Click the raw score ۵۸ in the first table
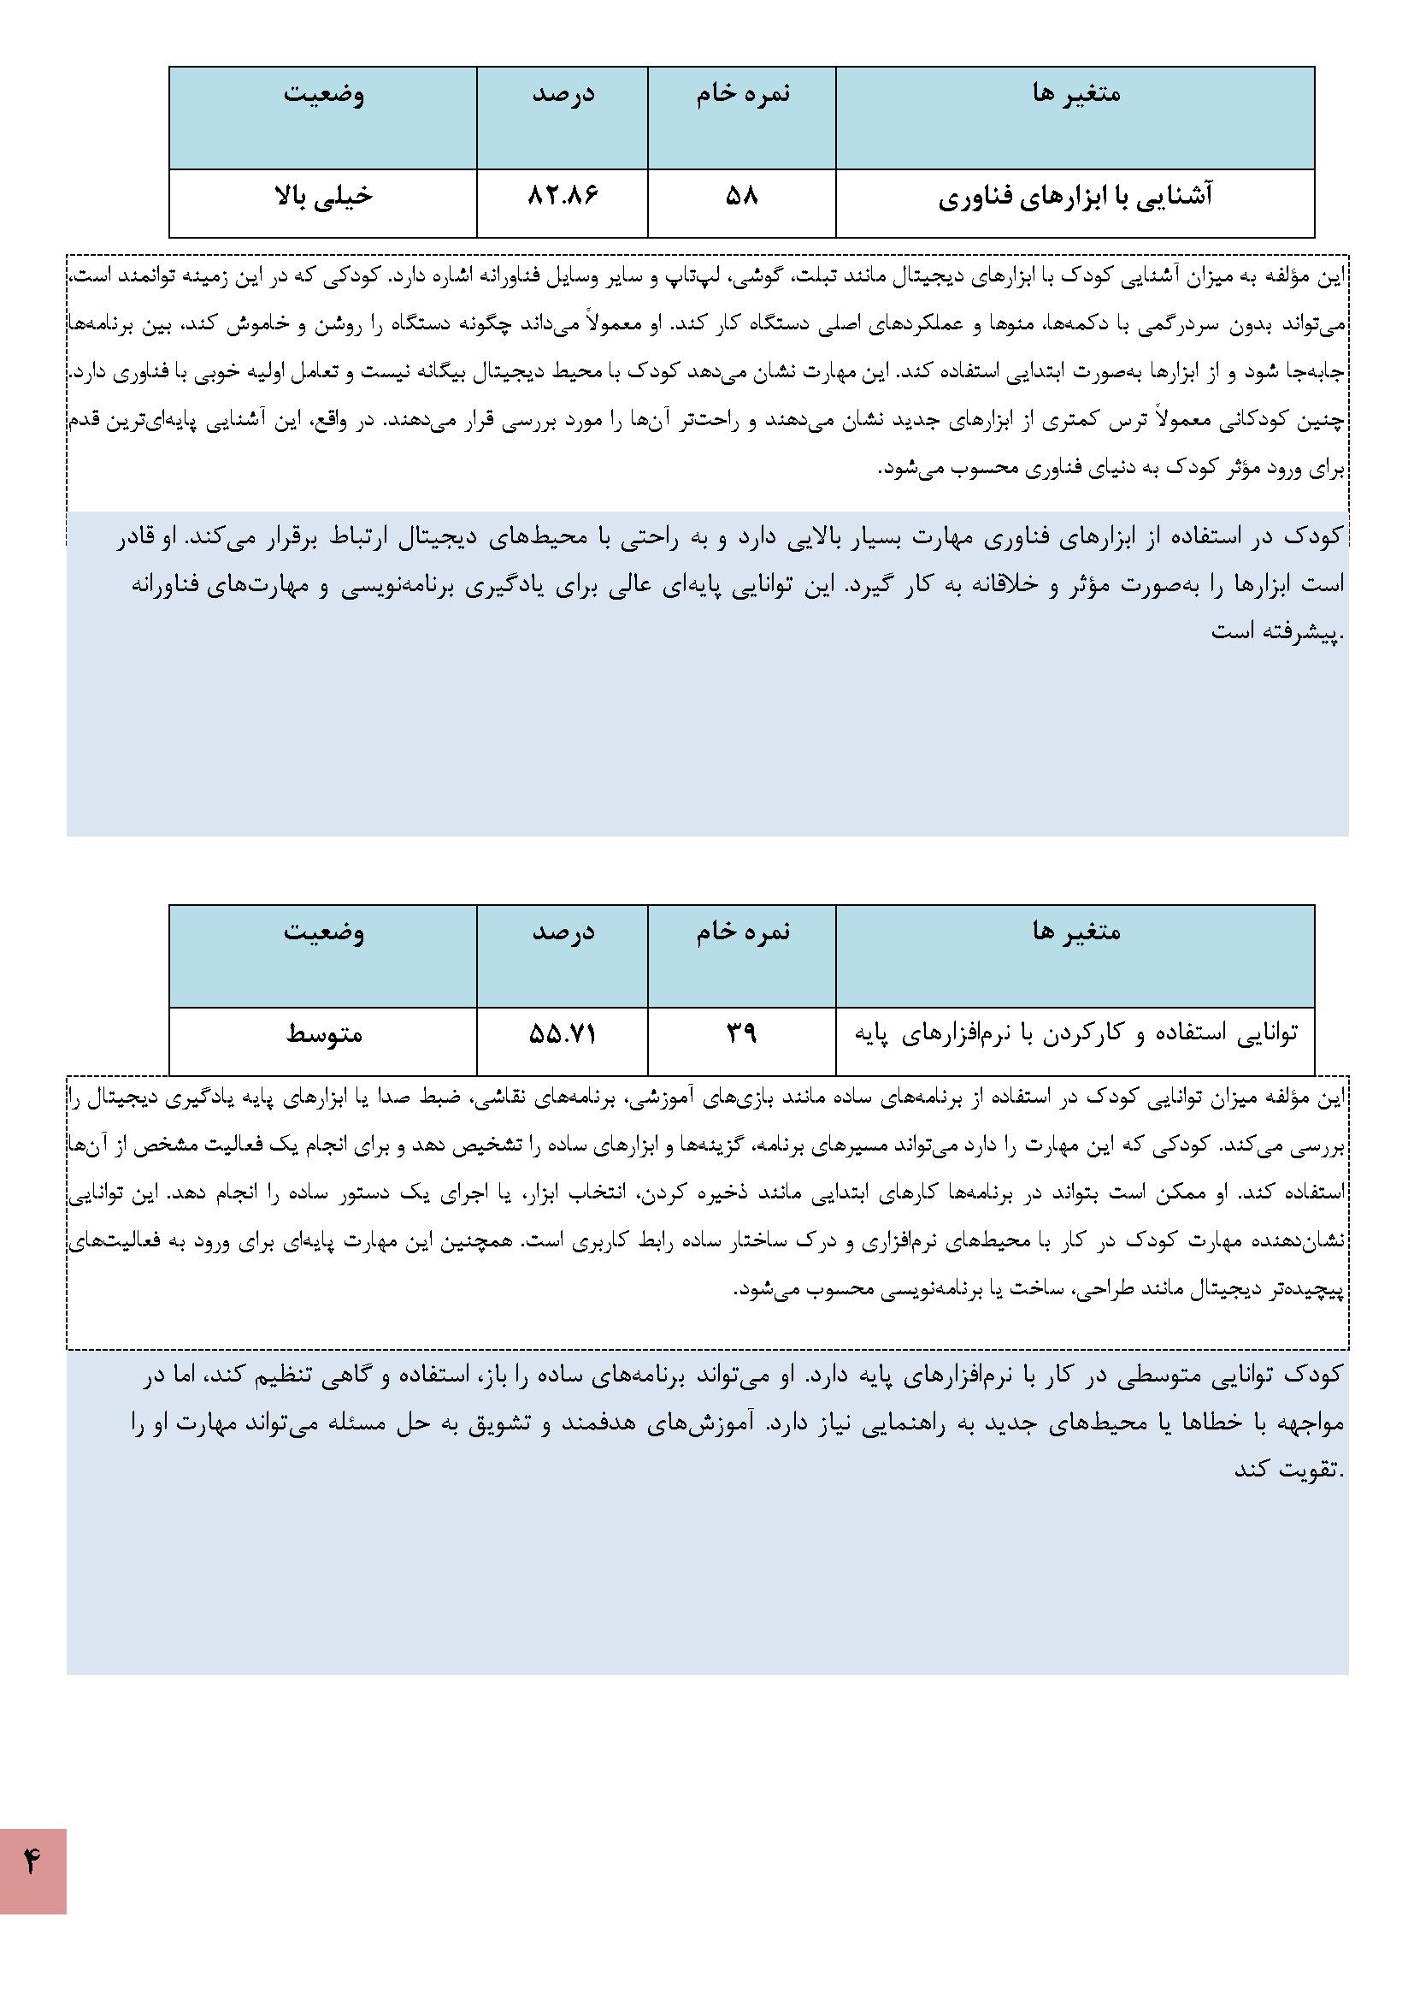[x=742, y=196]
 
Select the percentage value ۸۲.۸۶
[x=563, y=196]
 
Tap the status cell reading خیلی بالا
[x=324, y=196]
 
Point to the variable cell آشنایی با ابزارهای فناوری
[x=1075, y=198]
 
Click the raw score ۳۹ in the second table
[x=742, y=1034]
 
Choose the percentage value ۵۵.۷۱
[x=563, y=1034]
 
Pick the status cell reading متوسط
[x=324, y=1034]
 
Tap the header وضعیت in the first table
[x=324, y=93]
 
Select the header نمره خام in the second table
[x=743, y=932]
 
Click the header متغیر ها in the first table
[x=1076, y=93]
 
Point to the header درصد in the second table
[x=563, y=932]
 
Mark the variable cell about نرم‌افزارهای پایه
[x=1075, y=1034]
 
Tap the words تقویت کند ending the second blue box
[x=1287, y=1470]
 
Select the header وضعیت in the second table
[x=324, y=932]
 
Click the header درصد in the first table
[x=563, y=93]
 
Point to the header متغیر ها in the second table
[x=1076, y=932]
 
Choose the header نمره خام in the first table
[x=743, y=93]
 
